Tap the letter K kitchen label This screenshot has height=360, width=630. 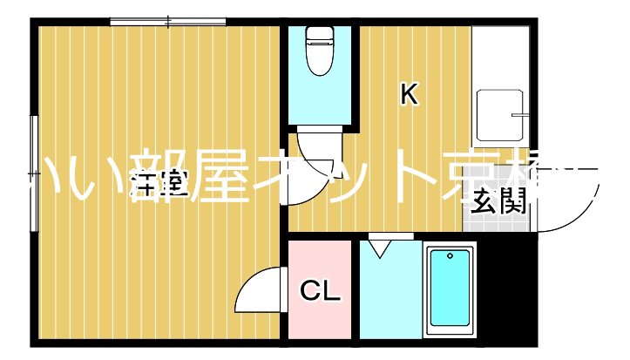(410, 94)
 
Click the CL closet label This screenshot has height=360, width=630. (320, 290)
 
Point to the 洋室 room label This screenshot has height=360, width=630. (160, 184)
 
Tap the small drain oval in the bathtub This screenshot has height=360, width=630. (450, 256)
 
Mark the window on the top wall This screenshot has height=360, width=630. (167, 21)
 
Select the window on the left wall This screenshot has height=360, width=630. (33, 173)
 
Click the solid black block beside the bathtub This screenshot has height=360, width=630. (504, 288)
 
